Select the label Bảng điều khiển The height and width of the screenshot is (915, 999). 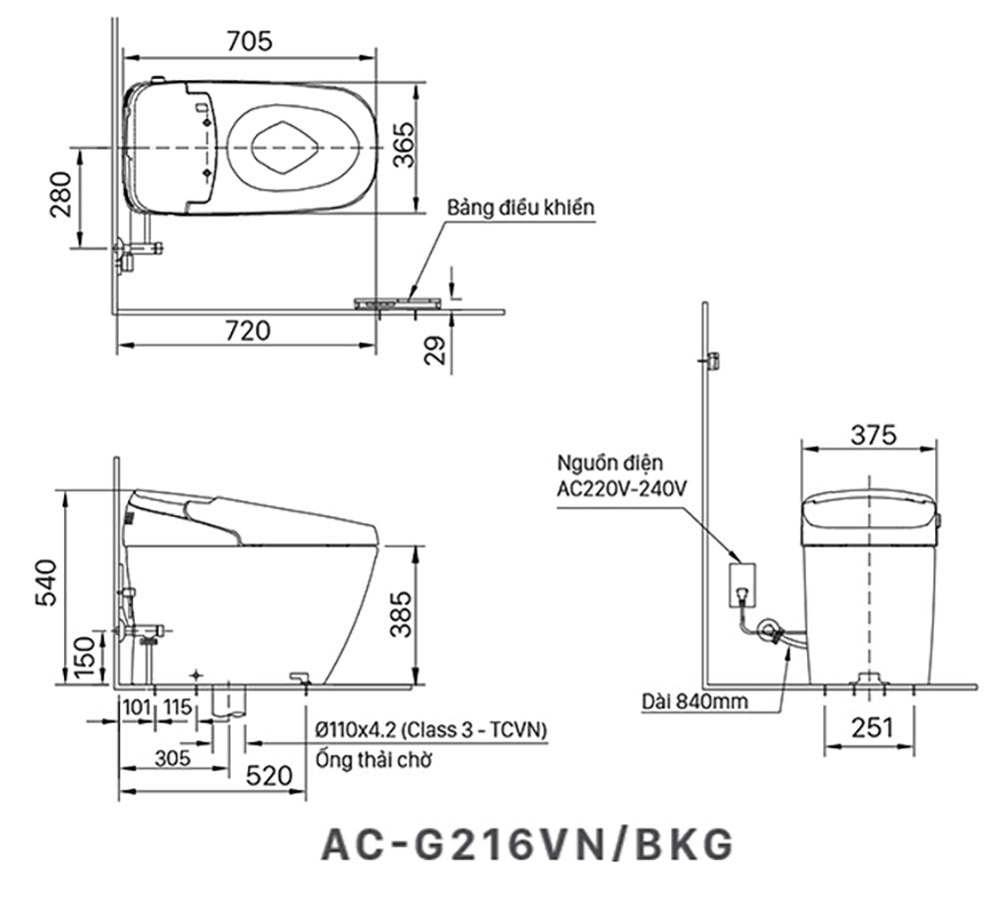[x=519, y=208]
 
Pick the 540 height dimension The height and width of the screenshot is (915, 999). [x=45, y=582]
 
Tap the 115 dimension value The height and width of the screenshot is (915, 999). [x=177, y=707]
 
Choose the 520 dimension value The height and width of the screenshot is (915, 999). [x=267, y=775]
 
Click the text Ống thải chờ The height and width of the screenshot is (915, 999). [x=374, y=760]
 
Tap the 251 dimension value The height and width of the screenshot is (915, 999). [x=873, y=728]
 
